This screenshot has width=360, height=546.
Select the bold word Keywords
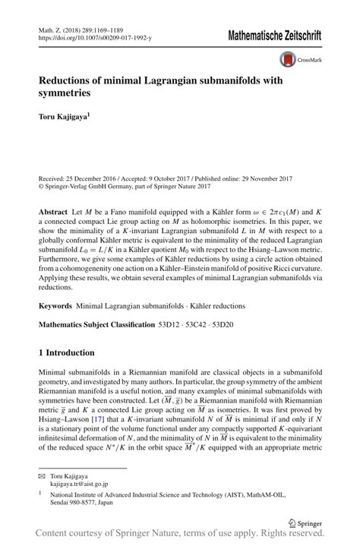coord(56,306)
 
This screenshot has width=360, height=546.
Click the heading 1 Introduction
coord(66,352)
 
